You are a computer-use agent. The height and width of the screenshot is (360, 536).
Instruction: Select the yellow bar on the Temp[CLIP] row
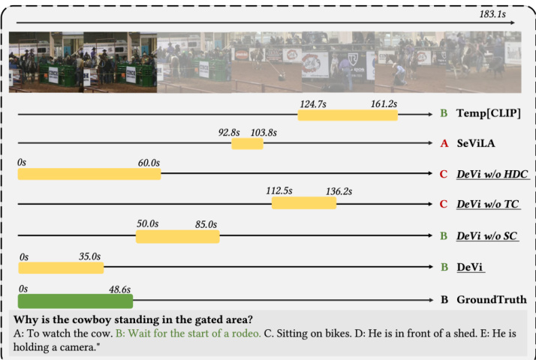click(x=347, y=115)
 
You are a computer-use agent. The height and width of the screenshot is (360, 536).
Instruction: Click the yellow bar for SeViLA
click(x=247, y=143)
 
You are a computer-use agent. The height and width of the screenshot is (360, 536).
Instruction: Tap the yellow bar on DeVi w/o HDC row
click(x=89, y=174)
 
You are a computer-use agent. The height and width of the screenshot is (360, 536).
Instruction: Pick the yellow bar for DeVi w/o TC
click(x=303, y=203)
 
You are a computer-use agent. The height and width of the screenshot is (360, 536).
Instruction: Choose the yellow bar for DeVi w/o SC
click(x=177, y=236)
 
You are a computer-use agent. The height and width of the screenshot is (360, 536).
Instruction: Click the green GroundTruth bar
click(x=75, y=301)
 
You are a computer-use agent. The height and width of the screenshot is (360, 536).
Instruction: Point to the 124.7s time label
click(x=313, y=103)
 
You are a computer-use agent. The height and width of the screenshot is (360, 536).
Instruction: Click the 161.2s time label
click(x=383, y=103)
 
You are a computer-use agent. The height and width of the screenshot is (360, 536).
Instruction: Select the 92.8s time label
click(x=229, y=132)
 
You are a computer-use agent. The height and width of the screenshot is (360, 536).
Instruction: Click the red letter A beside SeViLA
click(x=444, y=143)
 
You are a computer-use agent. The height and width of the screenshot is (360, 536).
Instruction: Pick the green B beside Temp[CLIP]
click(x=444, y=114)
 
